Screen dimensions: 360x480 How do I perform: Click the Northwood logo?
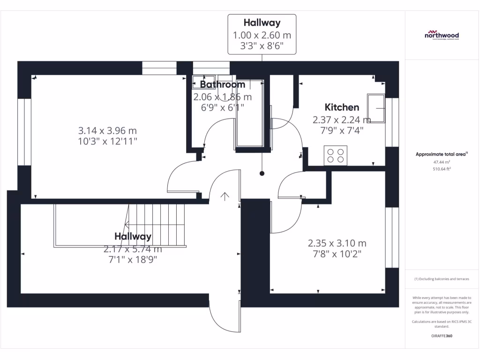442,35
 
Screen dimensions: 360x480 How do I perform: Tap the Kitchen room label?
342,107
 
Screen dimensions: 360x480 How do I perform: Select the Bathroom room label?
222,84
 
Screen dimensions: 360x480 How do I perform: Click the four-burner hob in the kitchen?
335,156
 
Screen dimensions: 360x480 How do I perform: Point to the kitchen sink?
377,108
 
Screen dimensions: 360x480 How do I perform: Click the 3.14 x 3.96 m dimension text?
107,130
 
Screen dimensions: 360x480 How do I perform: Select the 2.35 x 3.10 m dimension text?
337,243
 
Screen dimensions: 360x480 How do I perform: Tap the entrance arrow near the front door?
225,196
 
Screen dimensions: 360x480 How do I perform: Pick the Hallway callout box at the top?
262,34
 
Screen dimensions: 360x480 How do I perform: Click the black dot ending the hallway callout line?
262,173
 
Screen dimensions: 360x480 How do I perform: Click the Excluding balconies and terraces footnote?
442,279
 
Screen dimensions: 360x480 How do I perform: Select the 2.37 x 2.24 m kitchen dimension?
342,120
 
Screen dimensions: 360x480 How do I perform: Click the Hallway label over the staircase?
133,237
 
